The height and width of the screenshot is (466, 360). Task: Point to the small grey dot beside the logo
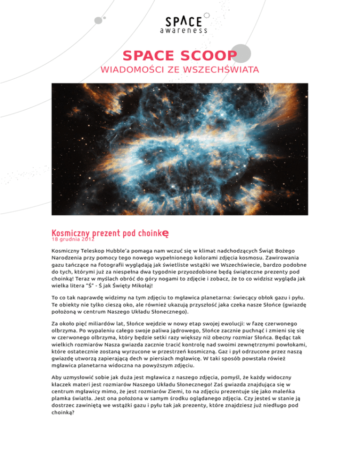(98, 20)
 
